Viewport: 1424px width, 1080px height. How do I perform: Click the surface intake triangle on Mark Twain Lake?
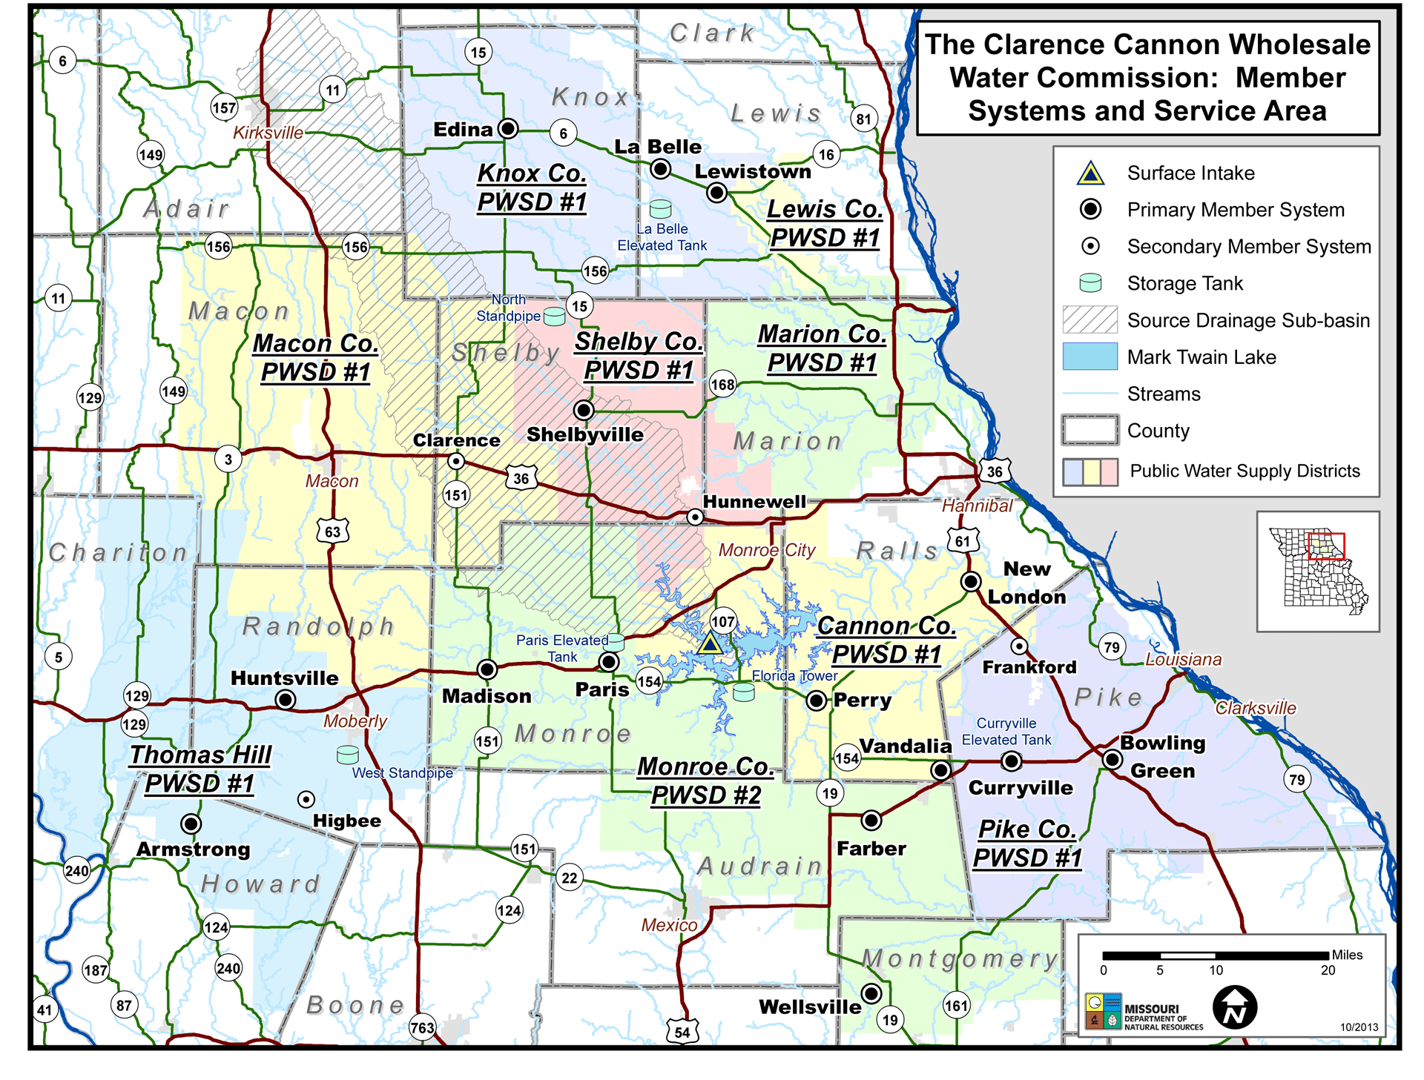click(710, 643)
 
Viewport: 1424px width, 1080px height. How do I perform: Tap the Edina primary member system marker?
click(508, 128)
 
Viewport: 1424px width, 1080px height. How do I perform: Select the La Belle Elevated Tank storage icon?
click(660, 208)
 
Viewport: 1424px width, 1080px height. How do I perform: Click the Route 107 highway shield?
click(722, 622)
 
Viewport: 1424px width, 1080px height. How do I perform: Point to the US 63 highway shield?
click(332, 531)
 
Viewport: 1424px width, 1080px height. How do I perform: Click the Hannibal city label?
click(977, 506)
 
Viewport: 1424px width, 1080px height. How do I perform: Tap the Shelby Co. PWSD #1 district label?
click(639, 356)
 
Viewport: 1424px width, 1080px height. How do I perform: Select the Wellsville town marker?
click(871, 993)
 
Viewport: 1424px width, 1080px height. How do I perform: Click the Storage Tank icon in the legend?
click(1090, 283)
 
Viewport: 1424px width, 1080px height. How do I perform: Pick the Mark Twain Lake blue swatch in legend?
click(1090, 357)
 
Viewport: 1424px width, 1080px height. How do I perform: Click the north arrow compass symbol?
click(1234, 1007)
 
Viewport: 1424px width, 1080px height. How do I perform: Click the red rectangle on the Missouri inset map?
click(1326, 546)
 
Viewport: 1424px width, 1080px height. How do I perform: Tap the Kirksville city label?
click(268, 133)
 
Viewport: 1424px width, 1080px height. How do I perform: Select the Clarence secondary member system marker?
click(456, 461)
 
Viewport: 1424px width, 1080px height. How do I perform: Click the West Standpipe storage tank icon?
click(347, 755)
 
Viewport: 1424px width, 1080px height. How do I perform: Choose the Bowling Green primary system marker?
click(1112, 759)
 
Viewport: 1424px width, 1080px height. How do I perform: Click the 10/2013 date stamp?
click(1359, 1027)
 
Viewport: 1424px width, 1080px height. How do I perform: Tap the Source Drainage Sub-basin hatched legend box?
click(1090, 320)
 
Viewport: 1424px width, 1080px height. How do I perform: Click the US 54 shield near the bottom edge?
click(682, 1031)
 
